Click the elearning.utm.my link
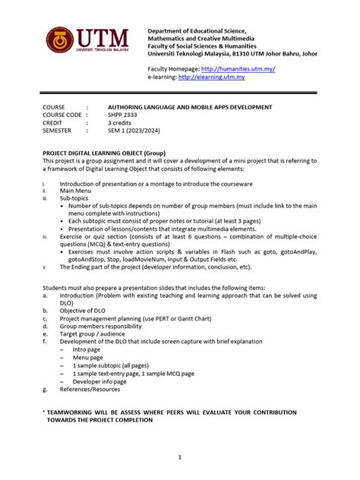click(x=219, y=77)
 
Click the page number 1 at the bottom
click(x=180, y=456)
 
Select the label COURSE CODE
click(x=62, y=114)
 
